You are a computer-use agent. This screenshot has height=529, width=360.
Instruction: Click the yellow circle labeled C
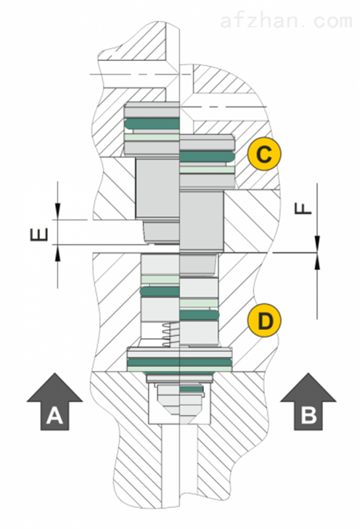(x=264, y=154)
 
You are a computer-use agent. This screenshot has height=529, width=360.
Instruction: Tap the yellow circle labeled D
(x=264, y=320)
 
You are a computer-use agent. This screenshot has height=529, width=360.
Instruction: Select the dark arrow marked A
(x=55, y=401)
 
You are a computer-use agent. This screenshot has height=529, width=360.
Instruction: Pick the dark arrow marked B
(x=308, y=401)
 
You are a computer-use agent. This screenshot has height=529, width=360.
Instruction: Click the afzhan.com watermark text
(x=287, y=21)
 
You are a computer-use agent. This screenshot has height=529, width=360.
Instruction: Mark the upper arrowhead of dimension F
(x=317, y=243)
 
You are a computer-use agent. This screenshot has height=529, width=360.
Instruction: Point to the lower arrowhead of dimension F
(x=317, y=261)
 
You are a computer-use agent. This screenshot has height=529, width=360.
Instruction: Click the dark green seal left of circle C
(x=207, y=156)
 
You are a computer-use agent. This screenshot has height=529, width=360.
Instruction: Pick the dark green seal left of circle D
(x=199, y=315)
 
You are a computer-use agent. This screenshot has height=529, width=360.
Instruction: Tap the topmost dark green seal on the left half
(x=152, y=124)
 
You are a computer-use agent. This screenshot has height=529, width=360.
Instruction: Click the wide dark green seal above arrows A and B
(x=179, y=362)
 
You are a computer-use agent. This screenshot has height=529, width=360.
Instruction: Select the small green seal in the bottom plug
(x=191, y=389)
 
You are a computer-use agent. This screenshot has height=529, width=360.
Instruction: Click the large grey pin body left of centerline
(x=157, y=188)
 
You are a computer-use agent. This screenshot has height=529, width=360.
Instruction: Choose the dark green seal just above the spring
(x=159, y=292)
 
